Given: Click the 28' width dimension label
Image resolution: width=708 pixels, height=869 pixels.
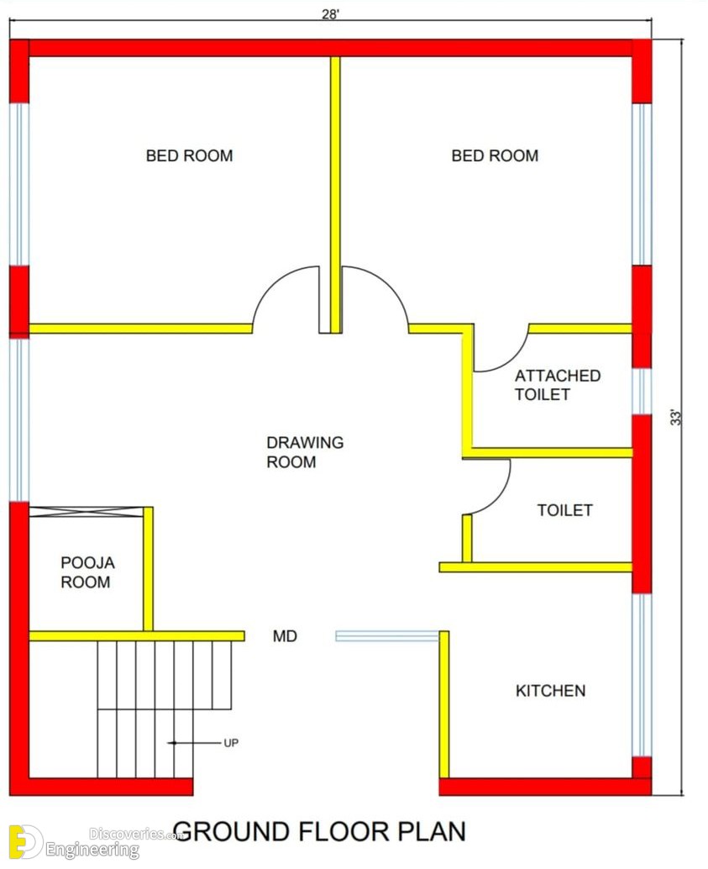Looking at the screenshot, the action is coord(330,14).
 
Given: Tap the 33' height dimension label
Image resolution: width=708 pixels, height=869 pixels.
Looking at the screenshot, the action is coord(676,418).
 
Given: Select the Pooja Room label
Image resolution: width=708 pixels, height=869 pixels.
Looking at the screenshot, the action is coord(87,572).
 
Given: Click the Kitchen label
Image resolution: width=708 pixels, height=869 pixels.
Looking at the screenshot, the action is coord(551,691).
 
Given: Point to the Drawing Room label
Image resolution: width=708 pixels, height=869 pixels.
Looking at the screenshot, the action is coord(305,452).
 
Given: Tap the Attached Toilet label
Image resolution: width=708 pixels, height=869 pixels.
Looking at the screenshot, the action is coord(558,385).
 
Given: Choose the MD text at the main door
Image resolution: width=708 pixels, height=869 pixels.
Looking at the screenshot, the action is coord(285,636).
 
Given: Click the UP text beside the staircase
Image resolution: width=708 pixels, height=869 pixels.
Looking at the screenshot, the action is coord(231,743).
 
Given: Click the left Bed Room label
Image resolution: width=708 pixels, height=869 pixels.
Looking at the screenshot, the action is coord(190,155).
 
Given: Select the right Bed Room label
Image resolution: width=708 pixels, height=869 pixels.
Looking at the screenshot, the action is coord(495,155).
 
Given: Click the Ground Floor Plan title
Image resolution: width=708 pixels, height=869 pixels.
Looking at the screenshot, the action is coord(320,832).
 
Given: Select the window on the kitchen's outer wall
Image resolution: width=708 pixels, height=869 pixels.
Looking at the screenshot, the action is coord(642,675).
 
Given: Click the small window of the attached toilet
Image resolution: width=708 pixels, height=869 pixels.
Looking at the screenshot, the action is coord(642,392).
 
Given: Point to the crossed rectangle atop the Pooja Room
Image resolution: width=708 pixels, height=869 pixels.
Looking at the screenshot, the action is coord(86,512).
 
